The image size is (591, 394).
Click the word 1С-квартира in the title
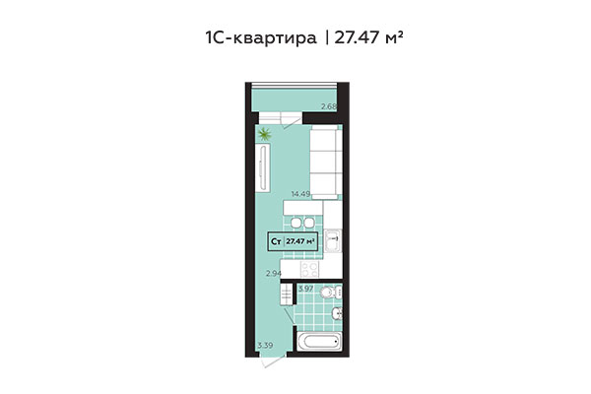point(259,38)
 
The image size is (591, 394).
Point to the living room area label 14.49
point(300,194)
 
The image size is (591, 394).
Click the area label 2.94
point(276,274)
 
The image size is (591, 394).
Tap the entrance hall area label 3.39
point(264,345)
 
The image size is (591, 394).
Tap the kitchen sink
point(333,237)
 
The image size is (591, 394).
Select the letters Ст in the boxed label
point(277,239)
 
